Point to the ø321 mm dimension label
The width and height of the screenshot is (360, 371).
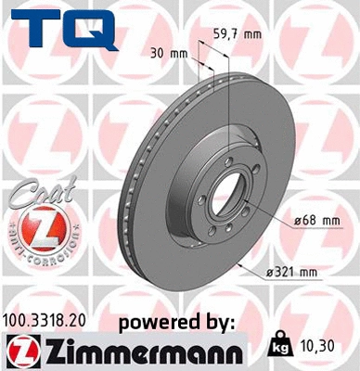(291, 272)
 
